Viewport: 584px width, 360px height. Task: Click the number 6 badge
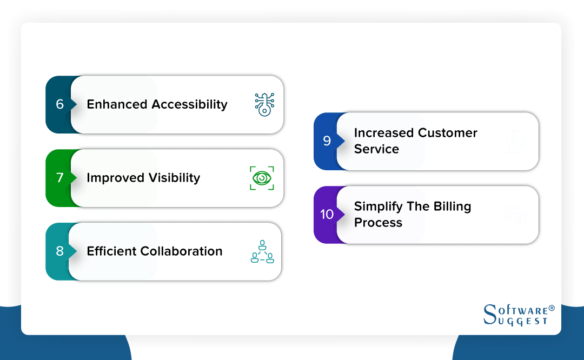(59, 104)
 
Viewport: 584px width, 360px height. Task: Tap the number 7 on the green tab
(59, 178)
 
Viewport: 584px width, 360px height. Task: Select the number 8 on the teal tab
(59, 251)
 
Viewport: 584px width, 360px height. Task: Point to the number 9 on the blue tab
(327, 141)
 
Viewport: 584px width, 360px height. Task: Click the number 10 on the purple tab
(327, 215)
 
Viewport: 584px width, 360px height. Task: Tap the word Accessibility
(189, 104)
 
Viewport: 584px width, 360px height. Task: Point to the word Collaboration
(181, 251)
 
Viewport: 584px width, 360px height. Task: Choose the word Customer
(448, 133)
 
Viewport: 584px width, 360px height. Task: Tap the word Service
(376, 149)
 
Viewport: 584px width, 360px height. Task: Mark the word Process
(378, 223)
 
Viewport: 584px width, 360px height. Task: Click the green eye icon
(262, 178)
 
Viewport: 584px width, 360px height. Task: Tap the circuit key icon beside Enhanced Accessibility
(264, 104)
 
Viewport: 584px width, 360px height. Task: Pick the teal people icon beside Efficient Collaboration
(262, 251)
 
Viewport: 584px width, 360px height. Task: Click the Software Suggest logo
(518, 315)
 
